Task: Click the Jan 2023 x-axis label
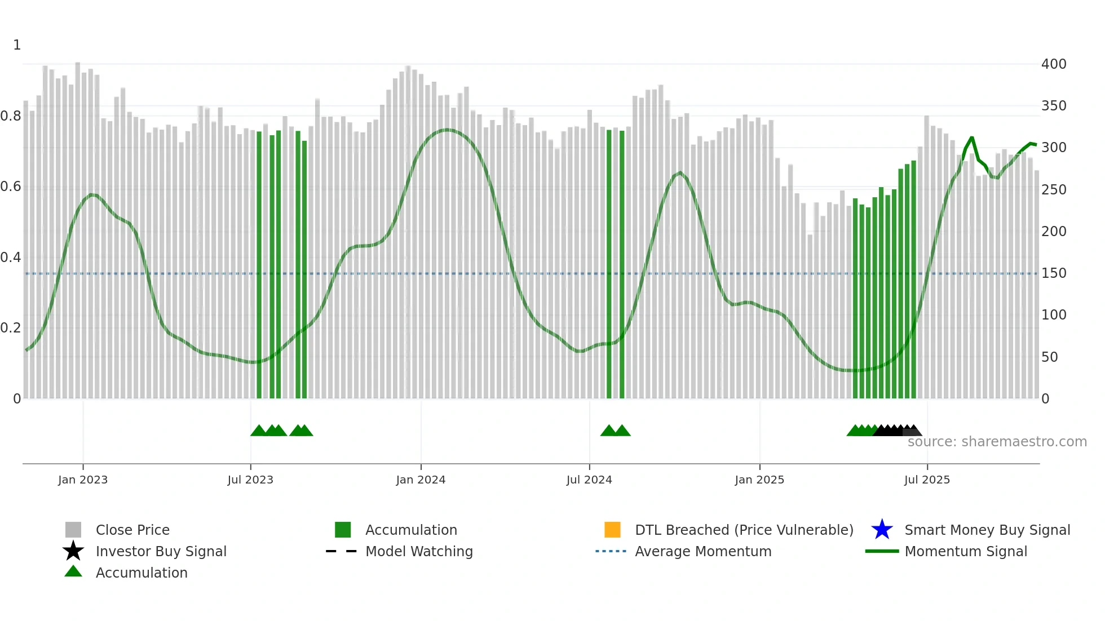pyautogui.click(x=83, y=480)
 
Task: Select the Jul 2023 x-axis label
pyautogui.click(x=250, y=480)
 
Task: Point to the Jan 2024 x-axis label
pyautogui.click(x=421, y=480)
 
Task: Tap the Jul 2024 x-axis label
pyautogui.click(x=589, y=480)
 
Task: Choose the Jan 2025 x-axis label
pyautogui.click(x=759, y=480)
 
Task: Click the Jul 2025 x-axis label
pyautogui.click(x=927, y=480)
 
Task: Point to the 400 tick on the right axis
pyautogui.click(x=1054, y=64)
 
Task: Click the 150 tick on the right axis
pyautogui.click(x=1054, y=273)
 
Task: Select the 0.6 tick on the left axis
pyautogui.click(x=11, y=187)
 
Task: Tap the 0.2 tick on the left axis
pyautogui.click(x=11, y=328)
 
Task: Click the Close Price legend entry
pyautogui.click(x=132, y=530)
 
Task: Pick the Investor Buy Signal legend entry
pyautogui.click(x=161, y=551)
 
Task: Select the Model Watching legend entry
pyautogui.click(x=419, y=551)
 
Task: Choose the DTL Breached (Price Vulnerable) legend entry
pyautogui.click(x=744, y=530)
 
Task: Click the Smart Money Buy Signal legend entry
pyautogui.click(x=987, y=530)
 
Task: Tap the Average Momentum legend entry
pyautogui.click(x=703, y=551)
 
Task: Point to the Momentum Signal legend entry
pyautogui.click(x=966, y=551)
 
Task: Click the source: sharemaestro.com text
pyautogui.click(x=997, y=442)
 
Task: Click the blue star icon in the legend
pyautogui.click(x=882, y=530)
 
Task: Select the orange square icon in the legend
pyautogui.click(x=612, y=530)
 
